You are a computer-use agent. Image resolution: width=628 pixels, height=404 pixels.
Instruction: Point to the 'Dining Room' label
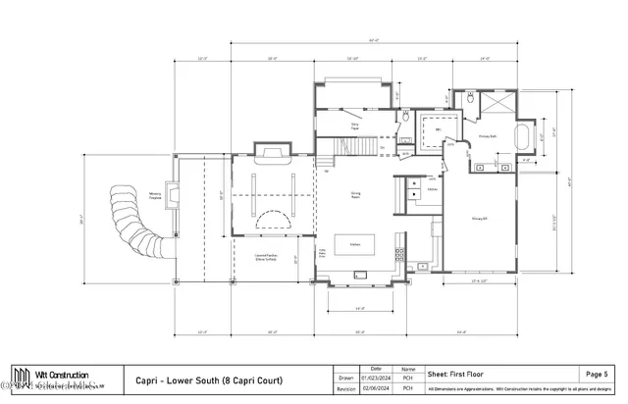click(356, 194)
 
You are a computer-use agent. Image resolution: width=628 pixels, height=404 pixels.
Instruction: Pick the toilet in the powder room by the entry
click(404, 117)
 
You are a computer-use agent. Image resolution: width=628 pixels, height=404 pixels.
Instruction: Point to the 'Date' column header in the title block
click(376, 368)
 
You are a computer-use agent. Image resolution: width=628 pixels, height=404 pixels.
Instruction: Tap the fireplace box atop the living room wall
click(272, 153)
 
